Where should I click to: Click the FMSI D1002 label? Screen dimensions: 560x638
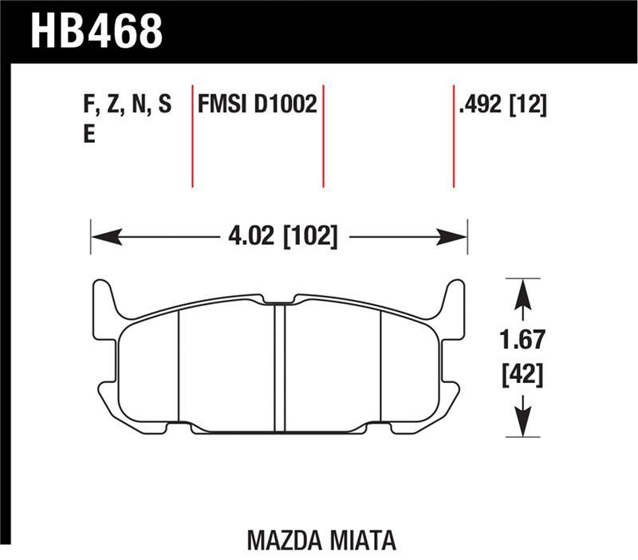click(258, 106)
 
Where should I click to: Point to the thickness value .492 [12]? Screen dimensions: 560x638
click(502, 106)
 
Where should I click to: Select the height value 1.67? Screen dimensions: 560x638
click(522, 341)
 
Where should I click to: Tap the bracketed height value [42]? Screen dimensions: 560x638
click(522, 373)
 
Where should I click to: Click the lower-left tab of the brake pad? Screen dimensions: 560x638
click(108, 394)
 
